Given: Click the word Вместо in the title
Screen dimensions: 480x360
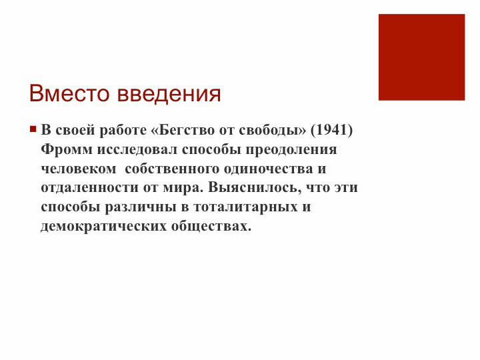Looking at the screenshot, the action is point(69,93).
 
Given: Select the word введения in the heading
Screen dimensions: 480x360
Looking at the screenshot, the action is point(169,94).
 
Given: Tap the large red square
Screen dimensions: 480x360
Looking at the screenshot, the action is point(421,57).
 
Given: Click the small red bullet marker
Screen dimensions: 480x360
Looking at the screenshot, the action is point(33,129).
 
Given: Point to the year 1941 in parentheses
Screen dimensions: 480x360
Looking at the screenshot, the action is point(331,130).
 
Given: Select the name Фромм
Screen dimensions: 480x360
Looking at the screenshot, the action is point(67,149).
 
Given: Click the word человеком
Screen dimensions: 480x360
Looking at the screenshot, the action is point(79,169).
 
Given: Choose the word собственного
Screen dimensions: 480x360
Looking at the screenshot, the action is point(172,169).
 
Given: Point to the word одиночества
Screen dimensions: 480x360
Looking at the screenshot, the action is point(268,169).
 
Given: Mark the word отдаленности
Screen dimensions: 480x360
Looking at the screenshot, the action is point(90,187).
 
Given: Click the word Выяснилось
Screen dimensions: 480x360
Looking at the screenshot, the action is point(253,187).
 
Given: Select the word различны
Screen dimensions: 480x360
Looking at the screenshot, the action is point(141,207).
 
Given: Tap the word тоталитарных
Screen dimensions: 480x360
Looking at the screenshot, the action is point(245,207).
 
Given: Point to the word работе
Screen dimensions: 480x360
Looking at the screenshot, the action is point(123,130).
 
